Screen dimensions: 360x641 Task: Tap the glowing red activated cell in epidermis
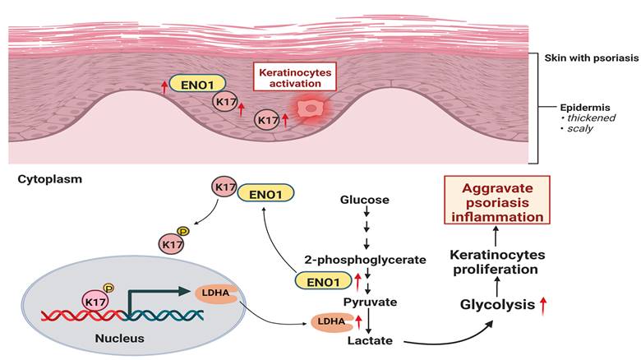(310, 108)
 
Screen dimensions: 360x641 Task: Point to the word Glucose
(364, 200)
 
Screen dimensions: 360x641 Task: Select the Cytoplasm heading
(47, 178)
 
